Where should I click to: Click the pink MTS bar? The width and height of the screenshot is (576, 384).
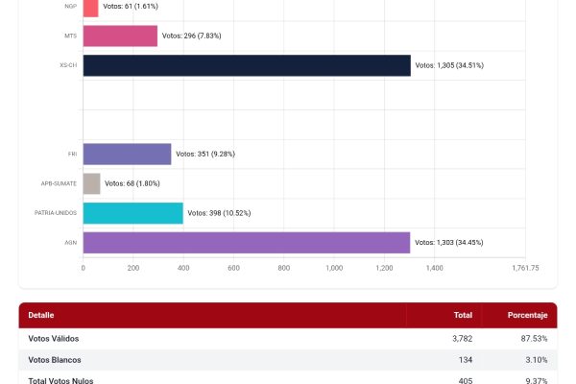coord(120,36)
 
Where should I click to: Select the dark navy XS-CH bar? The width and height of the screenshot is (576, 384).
coord(247,65)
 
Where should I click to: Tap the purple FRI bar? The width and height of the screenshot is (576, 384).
coord(127,154)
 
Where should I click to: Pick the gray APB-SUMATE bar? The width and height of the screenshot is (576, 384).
coord(91,183)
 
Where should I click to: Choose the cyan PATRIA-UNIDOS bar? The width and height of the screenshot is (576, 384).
coord(132,213)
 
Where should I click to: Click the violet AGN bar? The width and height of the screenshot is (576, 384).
coord(246,243)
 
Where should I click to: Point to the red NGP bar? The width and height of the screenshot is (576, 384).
coord(90,8)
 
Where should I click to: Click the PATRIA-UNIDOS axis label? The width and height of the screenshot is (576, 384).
coord(56,213)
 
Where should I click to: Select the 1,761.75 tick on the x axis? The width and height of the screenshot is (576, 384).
coord(525,268)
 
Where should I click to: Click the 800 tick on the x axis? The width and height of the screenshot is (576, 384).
coord(284,268)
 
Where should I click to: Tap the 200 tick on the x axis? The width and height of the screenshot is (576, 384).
coord(133,268)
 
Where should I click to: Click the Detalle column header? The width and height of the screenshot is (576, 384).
coord(41,315)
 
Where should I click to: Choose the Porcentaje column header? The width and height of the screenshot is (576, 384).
coord(527,315)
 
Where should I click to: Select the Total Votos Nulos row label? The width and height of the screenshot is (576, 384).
coord(61,380)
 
